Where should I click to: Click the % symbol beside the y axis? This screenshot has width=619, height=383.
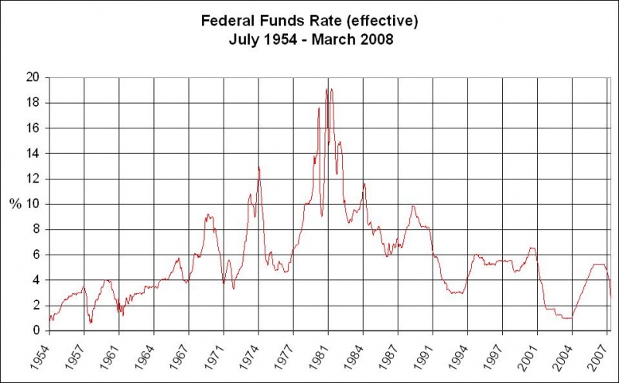pyautogui.click(x=15, y=204)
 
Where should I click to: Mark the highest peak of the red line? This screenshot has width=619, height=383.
pyautogui.click(x=327, y=89)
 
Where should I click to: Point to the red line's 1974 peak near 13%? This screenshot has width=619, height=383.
pyautogui.click(x=258, y=167)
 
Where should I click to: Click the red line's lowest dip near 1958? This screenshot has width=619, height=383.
pyautogui.click(x=91, y=323)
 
